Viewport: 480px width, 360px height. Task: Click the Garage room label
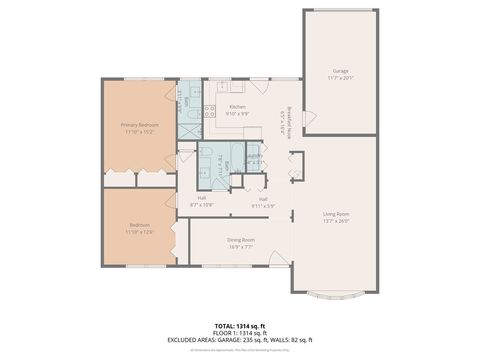[341, 71]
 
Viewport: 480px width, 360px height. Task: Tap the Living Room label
[336, 214]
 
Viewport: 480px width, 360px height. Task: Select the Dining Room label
[241, 239]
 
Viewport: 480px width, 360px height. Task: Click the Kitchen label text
[237, 106]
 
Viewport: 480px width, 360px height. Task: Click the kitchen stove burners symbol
[210, 111]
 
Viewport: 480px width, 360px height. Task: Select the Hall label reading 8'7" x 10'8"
[202, 198]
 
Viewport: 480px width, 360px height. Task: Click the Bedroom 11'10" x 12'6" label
[139, 225]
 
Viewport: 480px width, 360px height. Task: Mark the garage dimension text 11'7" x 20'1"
[341, 77]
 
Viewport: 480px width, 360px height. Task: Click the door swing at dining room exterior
[279, 259]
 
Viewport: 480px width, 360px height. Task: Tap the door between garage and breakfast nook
[309, 119]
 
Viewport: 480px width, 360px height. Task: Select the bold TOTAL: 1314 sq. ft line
[239, 326]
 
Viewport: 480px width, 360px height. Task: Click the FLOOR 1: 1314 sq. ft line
[239, 333]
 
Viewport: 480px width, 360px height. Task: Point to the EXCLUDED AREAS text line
[239, 341]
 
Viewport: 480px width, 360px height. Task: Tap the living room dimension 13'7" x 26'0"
[336, 220]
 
